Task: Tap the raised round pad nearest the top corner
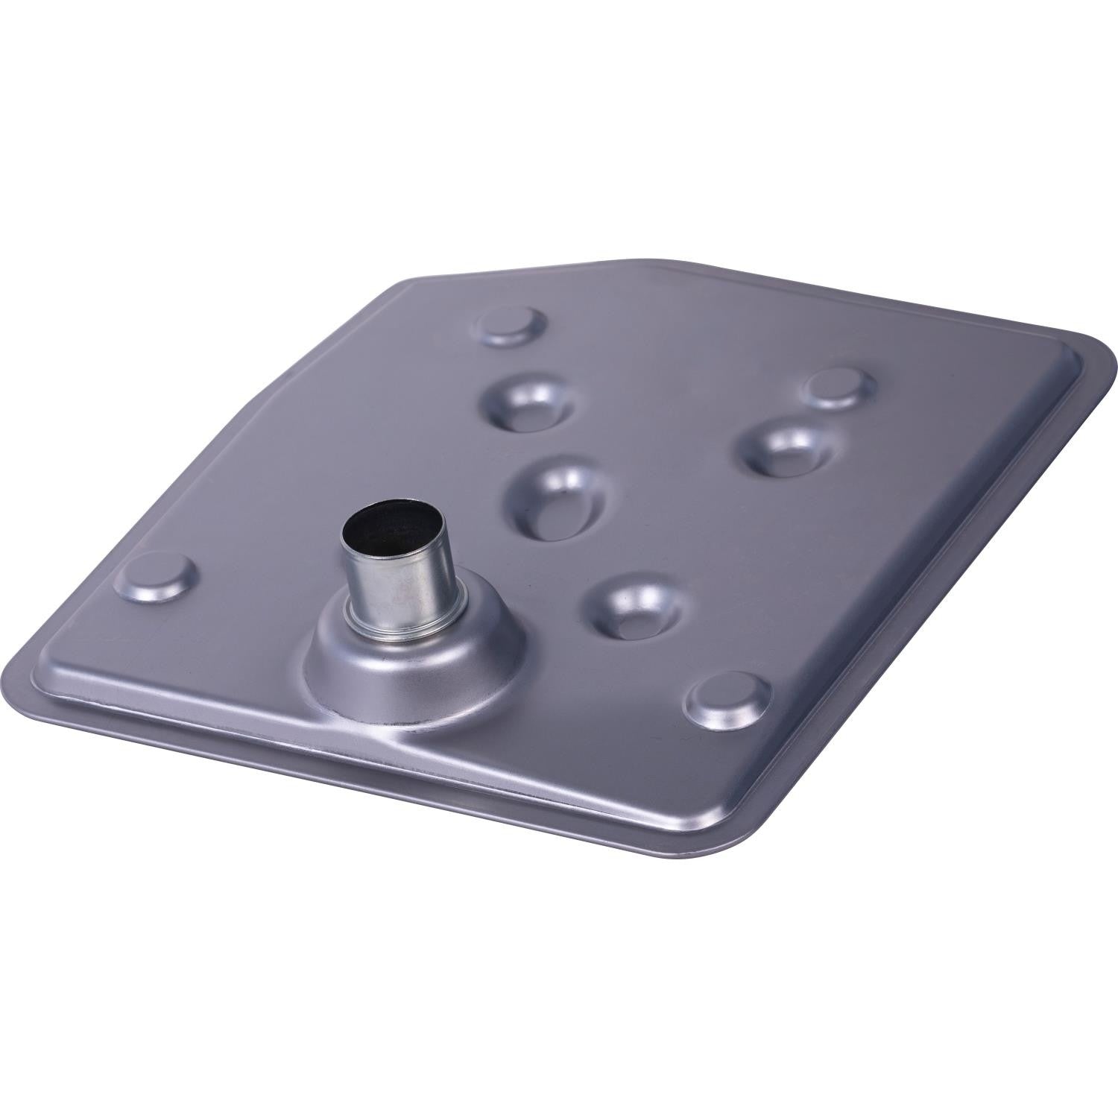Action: (512, 322)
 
